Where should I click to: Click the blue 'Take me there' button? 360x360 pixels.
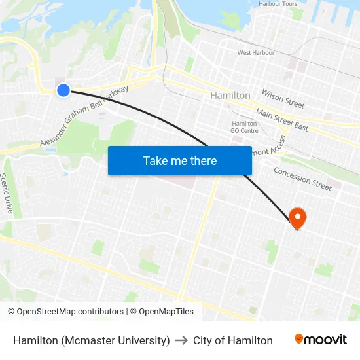point(179,160)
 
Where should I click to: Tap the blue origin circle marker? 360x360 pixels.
point(63,90)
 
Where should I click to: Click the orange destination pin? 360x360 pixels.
point(297,217)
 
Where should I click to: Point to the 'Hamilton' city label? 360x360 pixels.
point(230,96)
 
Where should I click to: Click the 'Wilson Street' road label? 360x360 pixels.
point(283,99)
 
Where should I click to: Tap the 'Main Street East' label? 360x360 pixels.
point(281,120)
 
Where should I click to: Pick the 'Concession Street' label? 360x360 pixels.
point(302,178)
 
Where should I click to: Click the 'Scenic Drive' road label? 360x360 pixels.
point(7,193)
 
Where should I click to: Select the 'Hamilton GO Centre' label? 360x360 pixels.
point(244,127)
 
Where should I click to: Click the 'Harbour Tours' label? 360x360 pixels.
point(278,4)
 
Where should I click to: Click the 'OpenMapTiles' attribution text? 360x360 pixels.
point(166,312)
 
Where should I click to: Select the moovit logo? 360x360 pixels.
point(320,340)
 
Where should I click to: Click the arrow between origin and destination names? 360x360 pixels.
point(181,340)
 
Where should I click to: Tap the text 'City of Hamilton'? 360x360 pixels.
point(232,340)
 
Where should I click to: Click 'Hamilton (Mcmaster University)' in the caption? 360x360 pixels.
point(92,340)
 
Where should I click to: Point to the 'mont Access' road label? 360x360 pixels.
point(269,150)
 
